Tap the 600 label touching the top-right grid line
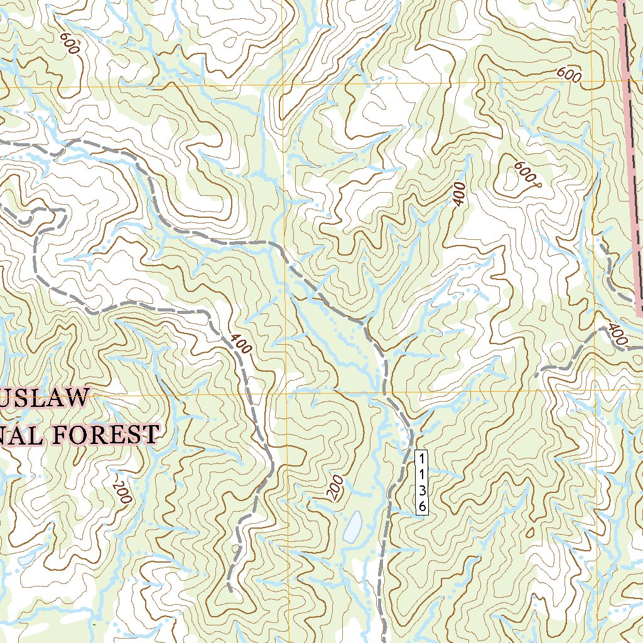tap(569, 74)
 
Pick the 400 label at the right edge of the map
tap(617, 335)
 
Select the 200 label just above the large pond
tap(335, 487)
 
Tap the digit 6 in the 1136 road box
tap(422, 505)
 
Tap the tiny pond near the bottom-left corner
tap(26, 558)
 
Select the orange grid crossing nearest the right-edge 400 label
tap(594, 391)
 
